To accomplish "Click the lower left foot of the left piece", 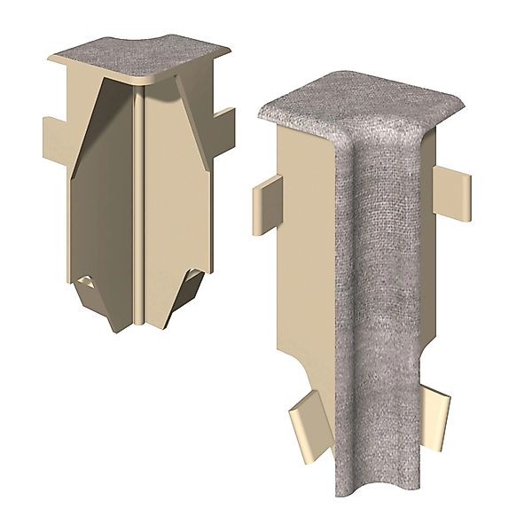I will [98, 310].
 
